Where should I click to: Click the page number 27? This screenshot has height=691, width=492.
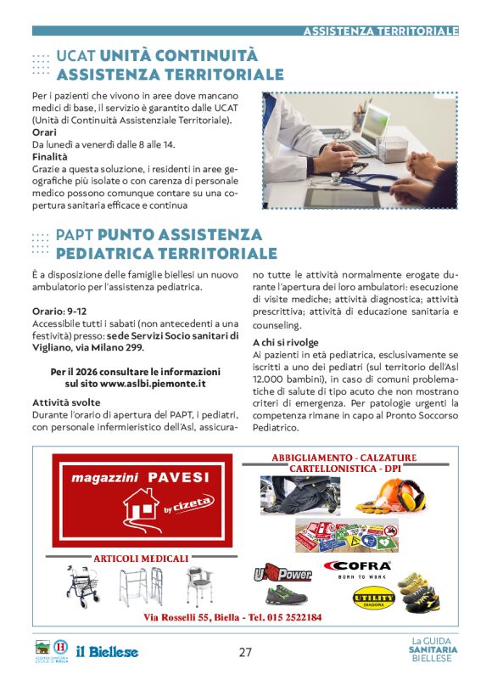[245, 652]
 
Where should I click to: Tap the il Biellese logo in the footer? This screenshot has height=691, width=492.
[107, 652]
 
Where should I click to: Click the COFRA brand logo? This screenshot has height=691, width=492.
[357, 566]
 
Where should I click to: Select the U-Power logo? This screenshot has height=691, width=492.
[280, 574]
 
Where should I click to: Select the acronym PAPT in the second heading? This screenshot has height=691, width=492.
[75, 235]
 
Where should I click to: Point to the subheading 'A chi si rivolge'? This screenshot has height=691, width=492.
[284, 341]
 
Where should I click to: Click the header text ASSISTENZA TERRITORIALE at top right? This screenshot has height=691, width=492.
[381, 31]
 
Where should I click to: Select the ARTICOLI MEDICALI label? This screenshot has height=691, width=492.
[141, 558]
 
